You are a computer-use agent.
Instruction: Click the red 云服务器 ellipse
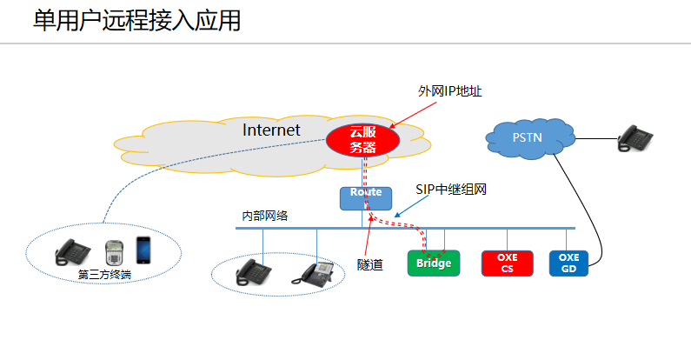[362, 140]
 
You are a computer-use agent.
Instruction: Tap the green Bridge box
[433, 263]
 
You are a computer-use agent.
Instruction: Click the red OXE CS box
[507, 263]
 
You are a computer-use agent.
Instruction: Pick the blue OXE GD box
[568, 263]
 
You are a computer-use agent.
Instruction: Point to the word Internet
[271, 130]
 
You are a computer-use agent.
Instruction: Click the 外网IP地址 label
[448, 90]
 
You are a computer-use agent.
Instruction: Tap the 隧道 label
[371, 263]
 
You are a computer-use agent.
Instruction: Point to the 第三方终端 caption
[103, 275]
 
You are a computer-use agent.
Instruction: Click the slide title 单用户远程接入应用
[136, 22]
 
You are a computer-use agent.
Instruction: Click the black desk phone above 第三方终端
[73, 252]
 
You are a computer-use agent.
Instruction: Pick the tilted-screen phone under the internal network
[314, 272]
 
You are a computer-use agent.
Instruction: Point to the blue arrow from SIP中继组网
[413, 205]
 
